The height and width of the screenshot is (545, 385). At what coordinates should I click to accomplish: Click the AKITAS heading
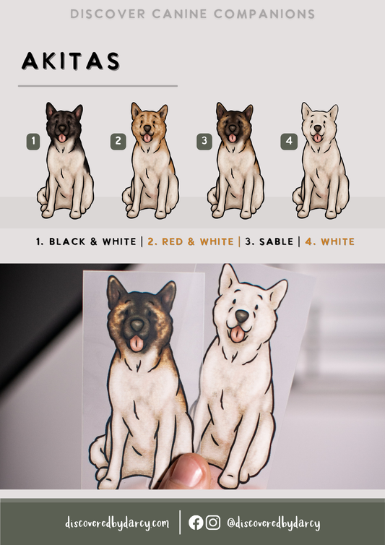coord(71,61)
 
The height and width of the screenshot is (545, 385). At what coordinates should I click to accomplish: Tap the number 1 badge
coord(33,141)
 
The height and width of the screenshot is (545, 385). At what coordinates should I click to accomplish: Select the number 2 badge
coord(118,141)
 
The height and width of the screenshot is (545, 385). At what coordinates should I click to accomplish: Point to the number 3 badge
coord(204,141)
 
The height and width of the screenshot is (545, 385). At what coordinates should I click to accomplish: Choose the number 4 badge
coord(289,142)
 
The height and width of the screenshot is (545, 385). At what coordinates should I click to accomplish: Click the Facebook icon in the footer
coord(196,523)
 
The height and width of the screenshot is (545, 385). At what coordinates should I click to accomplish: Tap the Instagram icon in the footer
coord(212,523)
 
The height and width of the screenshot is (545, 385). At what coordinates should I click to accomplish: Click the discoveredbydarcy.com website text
coord(117,523)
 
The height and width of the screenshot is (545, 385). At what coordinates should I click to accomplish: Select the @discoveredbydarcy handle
coord(274,523)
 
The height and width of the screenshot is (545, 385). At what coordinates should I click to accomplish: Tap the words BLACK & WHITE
coord(92,241)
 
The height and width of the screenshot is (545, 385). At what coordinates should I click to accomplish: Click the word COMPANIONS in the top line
coord(264,14)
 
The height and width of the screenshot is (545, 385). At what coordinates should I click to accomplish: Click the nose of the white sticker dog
coord(242,316)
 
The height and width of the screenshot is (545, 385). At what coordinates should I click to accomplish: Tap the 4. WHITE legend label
coord(330,241)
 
